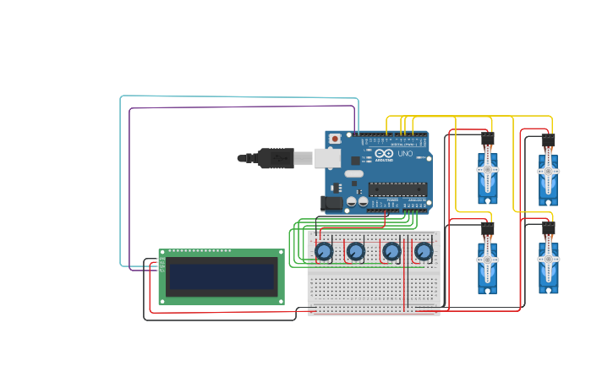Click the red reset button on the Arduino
335,138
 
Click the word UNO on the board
404,154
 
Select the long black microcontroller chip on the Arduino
397,189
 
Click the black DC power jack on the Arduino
331,203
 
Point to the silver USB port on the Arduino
327,158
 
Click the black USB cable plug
275,158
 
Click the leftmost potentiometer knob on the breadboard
323,252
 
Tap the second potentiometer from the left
356,252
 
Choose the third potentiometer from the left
391,252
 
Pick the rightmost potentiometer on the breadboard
423,252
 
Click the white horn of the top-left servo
488,169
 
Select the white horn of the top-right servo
548,170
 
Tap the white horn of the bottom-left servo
488,260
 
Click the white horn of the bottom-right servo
548,260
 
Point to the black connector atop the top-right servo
548,140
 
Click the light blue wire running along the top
237,96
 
